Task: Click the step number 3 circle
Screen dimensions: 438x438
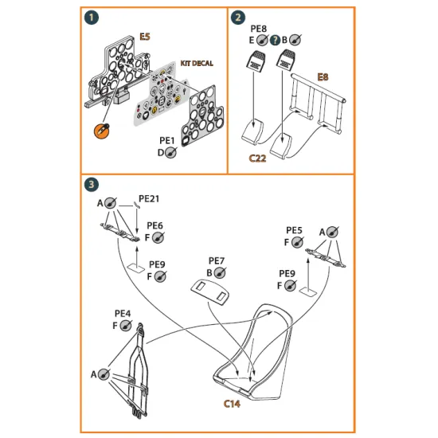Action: pyautogui.click(x=93, y=185)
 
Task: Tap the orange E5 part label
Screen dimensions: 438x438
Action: pyautogui.click(x=145, y=37)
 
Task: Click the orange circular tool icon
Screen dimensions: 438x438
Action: pyautogui.click(x=103, y=129)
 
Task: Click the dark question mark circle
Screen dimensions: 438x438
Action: pyautogui.click(x=275, y=39)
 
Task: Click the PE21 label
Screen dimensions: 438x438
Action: pyautogui.click(x=149, y=197)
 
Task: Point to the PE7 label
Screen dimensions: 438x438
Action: pyautogui.click(x=217, y=260)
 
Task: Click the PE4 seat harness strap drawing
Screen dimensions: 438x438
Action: pyautogui.click(x=135, y=370)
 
